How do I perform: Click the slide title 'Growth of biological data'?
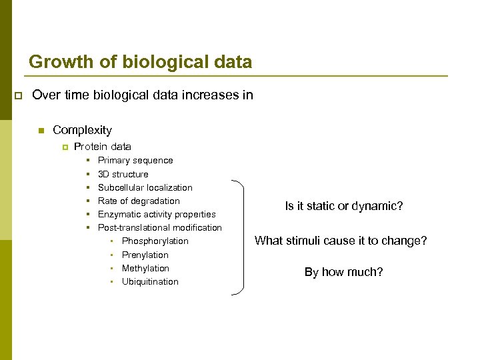[x=140, y=63]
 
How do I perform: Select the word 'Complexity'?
[x=82, y=130]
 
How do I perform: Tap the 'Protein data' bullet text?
[x=103, y=147]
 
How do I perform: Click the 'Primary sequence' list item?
[x=135, y=161]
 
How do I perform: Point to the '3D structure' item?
[x=123, y=174]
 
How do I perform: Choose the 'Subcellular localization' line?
[x=145, y=187]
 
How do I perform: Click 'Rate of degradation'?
[x=139, y=201]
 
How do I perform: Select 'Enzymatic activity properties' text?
[x=157, y=214]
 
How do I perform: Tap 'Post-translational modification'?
[x=160, y=227]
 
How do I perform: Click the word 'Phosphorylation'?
[x=155, y=241]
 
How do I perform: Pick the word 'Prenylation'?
[x=145, y=255]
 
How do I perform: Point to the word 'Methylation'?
[x=145, y=268]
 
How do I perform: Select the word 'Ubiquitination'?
[x=150, y=281]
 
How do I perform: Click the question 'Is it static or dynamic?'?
[x=344, y=206]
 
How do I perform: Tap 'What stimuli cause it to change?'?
[x=341, y=241]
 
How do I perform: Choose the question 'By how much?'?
[x=344, y=272]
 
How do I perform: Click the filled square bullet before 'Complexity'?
[x=41, y=131]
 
